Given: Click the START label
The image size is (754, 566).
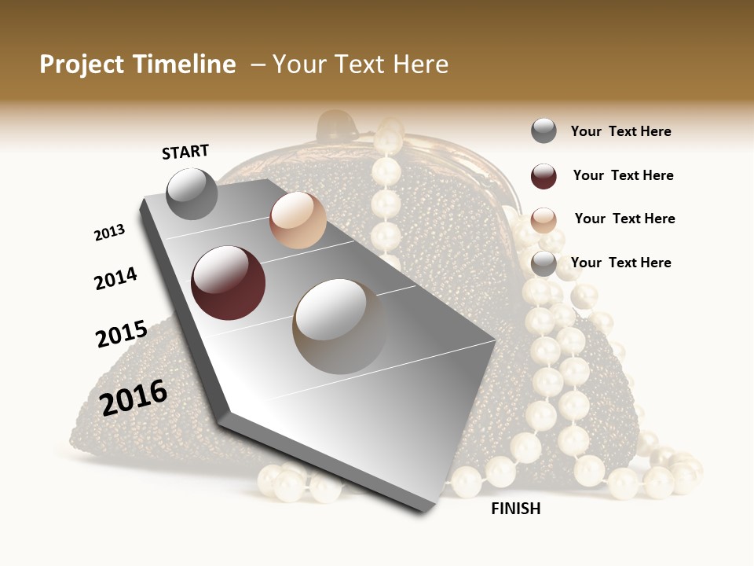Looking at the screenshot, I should (x=185, y=152).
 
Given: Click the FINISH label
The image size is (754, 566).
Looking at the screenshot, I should (x=515, y=509).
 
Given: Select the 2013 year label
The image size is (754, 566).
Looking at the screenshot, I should (x=110, y=233).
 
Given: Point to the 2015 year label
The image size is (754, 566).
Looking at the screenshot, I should (x=122, y=334).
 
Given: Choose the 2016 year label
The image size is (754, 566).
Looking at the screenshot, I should (x=134, y=397).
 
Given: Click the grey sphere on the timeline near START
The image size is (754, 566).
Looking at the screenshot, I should (x=192, y=193).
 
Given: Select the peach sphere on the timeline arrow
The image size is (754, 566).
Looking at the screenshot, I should (x=298, y=220).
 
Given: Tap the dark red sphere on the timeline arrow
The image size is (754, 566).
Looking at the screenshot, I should (x=228, y=283).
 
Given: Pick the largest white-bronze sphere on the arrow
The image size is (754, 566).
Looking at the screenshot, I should (x=340, y=325).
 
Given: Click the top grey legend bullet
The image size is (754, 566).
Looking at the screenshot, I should (x=544, y=131).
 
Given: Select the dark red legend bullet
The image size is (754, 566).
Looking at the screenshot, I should (x=544, y=176).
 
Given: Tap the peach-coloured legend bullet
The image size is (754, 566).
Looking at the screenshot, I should (x=544, y=220).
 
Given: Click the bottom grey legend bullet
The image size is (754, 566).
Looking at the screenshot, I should (x=544, y=263).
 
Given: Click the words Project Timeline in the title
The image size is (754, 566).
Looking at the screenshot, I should (x=137, y=64).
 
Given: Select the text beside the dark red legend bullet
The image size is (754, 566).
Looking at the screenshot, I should (x=623, y=175).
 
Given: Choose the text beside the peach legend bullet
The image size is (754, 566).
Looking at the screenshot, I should (x=624, y=219).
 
